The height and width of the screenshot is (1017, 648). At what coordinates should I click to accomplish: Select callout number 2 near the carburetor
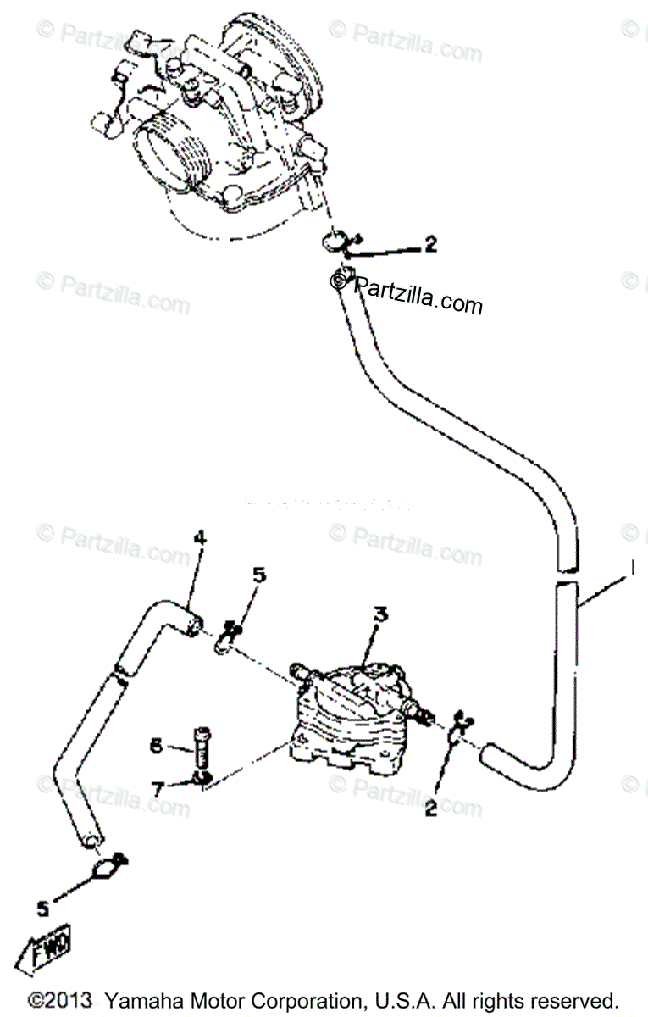(430, 244)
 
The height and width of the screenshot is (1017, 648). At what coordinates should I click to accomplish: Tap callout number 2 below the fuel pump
(430, 809)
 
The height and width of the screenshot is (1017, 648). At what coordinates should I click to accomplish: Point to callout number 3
(381, 615)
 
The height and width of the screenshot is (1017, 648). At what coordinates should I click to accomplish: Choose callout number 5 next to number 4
(258, 575)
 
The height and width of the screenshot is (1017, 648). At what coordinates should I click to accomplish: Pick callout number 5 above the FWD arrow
(42, 909)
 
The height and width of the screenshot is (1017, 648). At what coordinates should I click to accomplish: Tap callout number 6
(155, 745)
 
